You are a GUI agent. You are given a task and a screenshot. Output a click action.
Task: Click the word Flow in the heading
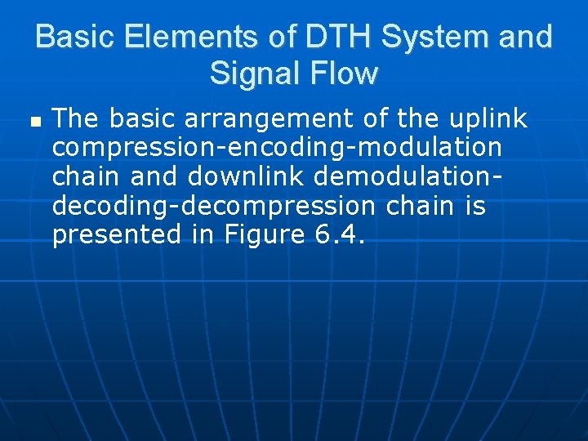345,73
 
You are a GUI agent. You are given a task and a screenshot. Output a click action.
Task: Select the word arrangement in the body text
274,119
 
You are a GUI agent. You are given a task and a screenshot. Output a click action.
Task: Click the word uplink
488,119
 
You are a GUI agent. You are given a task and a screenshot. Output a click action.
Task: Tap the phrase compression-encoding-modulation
276,148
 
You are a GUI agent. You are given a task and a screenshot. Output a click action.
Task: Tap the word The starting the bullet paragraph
77,119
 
